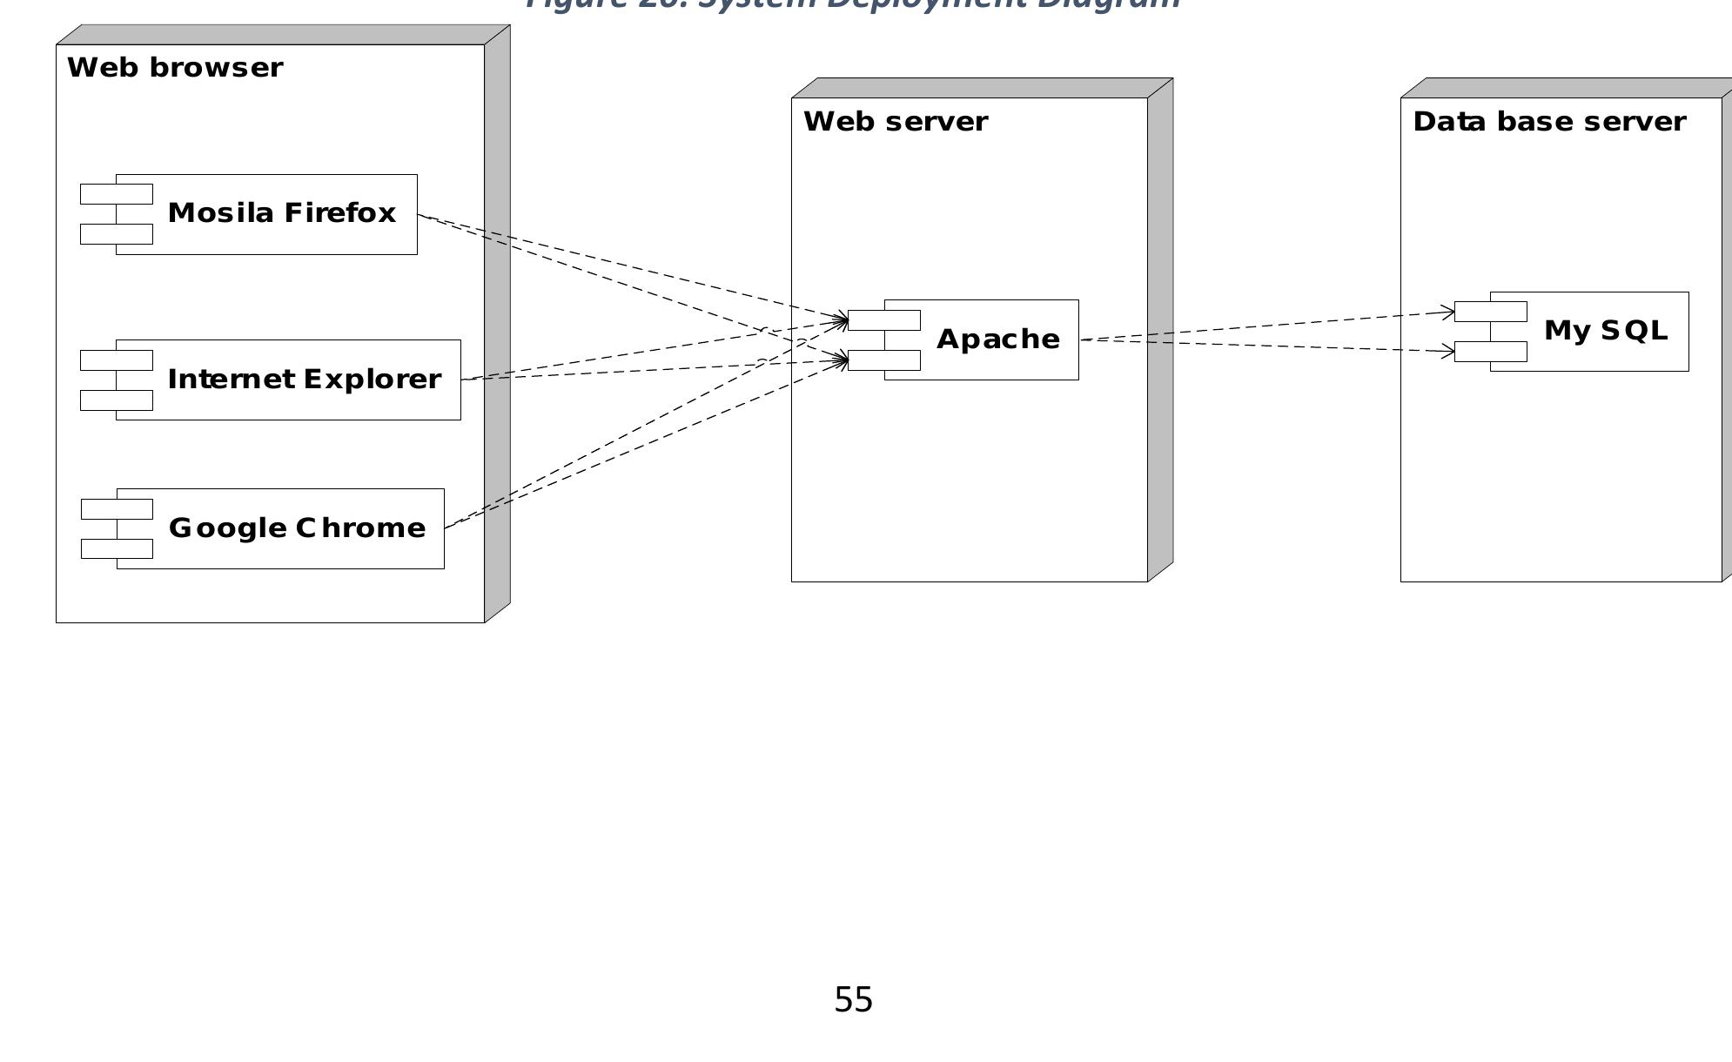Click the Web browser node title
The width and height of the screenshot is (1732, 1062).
pos(175,68)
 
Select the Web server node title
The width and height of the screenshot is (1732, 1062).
pos(896,122)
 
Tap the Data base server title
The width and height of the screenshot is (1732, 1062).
pos(1549,122)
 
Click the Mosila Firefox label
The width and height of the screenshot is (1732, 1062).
pos(281,213)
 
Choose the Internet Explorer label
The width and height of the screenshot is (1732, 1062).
pos(304,380)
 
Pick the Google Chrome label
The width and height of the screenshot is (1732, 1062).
pos(297,528)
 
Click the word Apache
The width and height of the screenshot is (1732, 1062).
pos(998,339)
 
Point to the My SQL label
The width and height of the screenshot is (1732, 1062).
pos(1606,331)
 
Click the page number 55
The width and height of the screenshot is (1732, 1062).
pos(853,1000)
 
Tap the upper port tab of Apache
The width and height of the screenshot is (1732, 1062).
pos(884,320)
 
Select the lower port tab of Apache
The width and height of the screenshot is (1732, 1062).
pos(884,360)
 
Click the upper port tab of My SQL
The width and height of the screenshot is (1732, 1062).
pos(1491,312)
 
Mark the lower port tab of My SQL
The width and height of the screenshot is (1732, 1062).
pos(1491,352)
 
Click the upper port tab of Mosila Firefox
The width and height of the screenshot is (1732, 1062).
pos(117,194)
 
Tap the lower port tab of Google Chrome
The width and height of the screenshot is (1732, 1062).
pos(117,548)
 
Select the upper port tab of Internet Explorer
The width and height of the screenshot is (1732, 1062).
pos(117,360)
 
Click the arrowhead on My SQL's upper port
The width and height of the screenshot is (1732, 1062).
pos(1448,312)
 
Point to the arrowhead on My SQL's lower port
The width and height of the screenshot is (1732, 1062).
pos(1448,352)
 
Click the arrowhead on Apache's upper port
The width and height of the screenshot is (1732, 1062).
pos(843,320)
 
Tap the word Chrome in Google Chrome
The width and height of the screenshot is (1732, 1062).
pos(360,528)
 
